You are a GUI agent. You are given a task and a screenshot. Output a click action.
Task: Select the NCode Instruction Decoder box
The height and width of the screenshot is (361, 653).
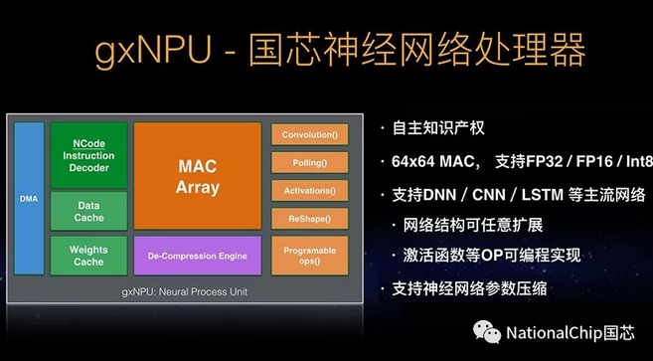[88, 155]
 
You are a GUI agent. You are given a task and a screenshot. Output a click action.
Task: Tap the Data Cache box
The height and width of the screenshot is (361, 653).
[88, 210]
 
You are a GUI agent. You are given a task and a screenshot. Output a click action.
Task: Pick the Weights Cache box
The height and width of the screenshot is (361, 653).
[88, 256]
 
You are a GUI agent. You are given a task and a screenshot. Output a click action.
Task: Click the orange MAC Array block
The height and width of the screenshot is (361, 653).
[197, 175]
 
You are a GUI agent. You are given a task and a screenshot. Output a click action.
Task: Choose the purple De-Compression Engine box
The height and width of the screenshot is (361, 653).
[197, 256]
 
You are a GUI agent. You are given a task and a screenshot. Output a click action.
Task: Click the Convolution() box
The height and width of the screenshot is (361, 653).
[309, 134]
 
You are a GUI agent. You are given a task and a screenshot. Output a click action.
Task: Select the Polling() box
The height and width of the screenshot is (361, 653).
[309, 162]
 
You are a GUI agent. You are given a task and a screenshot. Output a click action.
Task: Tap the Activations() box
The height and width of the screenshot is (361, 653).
[309, 190]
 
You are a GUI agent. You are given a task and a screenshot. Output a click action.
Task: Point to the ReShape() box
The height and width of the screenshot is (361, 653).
[309, 218]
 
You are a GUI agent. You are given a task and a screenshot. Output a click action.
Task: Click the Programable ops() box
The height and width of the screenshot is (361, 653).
[309, 256]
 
